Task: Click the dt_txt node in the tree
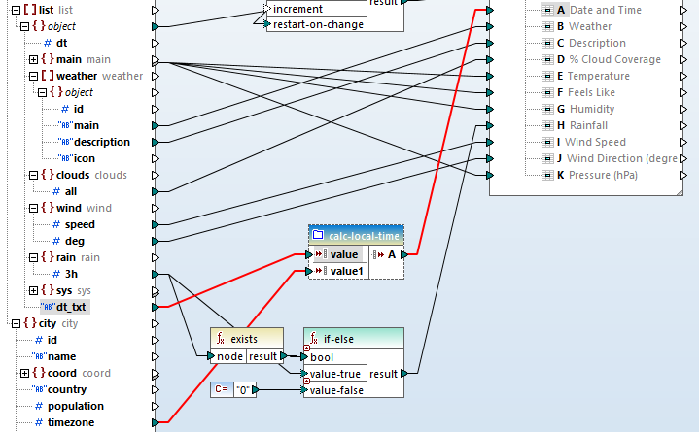(71, 307)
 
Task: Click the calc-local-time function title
(365, 235)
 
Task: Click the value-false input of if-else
(337, 390)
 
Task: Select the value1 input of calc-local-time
(346, 271)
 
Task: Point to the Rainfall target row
(588, 125)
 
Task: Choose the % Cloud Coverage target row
(614, 59)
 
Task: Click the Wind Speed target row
(598, 142)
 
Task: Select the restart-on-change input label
(318, 24)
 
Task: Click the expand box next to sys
(34, 290)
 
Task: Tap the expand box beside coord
(24, 373)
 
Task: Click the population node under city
(75, 406)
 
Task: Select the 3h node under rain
(72, 274)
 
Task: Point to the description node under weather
(102, 142)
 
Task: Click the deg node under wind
(74, 241)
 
